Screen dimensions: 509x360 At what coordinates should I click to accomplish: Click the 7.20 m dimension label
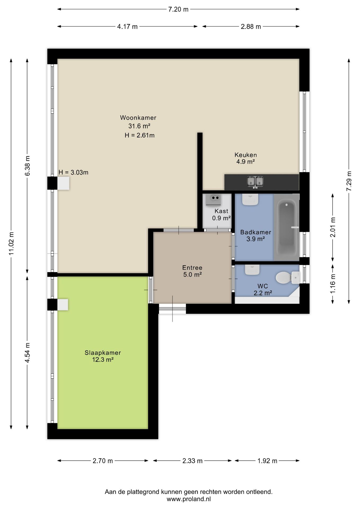point(178,9)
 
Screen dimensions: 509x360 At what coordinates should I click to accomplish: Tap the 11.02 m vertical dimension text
point(11,243)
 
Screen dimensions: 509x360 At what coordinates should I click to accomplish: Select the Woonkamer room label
point(138,118)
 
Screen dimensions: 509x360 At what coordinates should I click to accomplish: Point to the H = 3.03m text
point(73,173)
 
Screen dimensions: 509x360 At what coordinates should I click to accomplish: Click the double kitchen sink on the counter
point(255,182)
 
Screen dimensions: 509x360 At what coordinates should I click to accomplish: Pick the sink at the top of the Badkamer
point(250,199)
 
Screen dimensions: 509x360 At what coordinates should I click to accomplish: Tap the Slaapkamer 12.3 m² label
point(103,356)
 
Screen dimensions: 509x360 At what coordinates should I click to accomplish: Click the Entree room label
point(192,271)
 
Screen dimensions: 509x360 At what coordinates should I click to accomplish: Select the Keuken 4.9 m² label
point(245,158)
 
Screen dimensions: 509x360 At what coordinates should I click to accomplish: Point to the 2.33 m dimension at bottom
point(192,461)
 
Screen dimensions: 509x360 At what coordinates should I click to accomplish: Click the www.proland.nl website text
point(188,499)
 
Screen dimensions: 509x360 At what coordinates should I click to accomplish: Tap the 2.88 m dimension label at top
point(251,27)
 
